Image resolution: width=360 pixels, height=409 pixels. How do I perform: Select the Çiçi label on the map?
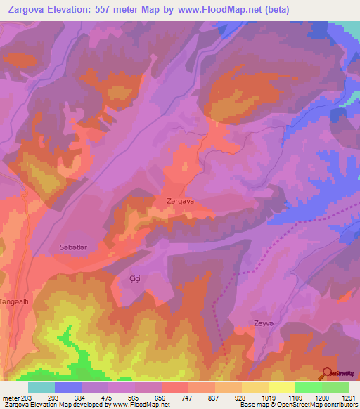pos(135,278)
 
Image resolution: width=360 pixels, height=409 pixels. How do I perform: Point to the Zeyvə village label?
pos(264,323)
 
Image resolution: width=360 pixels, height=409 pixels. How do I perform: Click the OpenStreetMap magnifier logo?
pos(328,373)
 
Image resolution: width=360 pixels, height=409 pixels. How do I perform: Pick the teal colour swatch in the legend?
pos(41,387)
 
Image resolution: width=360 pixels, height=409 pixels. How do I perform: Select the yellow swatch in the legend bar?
pos(281,387)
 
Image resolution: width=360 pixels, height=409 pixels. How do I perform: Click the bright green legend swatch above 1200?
pos(308,387)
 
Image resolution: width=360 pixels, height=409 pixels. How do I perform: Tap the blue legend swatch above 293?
pos(68,387)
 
